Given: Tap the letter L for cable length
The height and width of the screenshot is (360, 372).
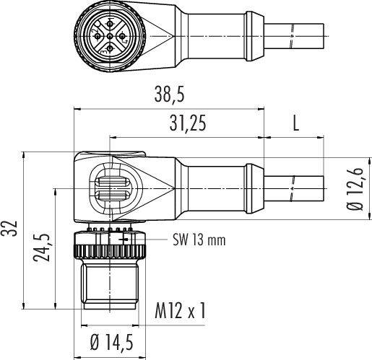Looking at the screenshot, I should pos(295,123).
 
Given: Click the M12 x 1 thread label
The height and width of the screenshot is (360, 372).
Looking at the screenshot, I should pos(181,312).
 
